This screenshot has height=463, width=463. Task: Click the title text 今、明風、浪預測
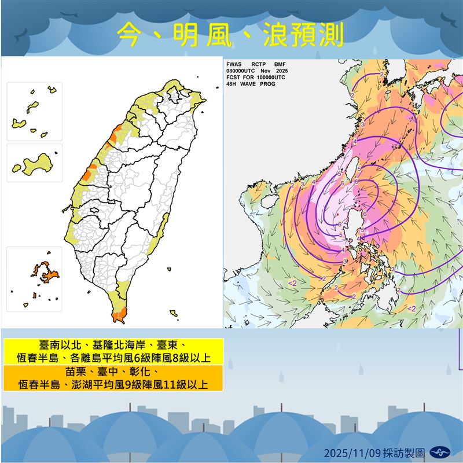click(x=230, y=35)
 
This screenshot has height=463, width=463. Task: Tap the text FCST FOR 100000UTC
click(x=256, y=77)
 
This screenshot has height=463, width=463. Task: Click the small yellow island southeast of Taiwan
click(x=173, y=313)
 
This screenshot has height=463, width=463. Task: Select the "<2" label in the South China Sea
click(x=293, y=282)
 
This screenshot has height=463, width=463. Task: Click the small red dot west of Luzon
click(x=336, y=215)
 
